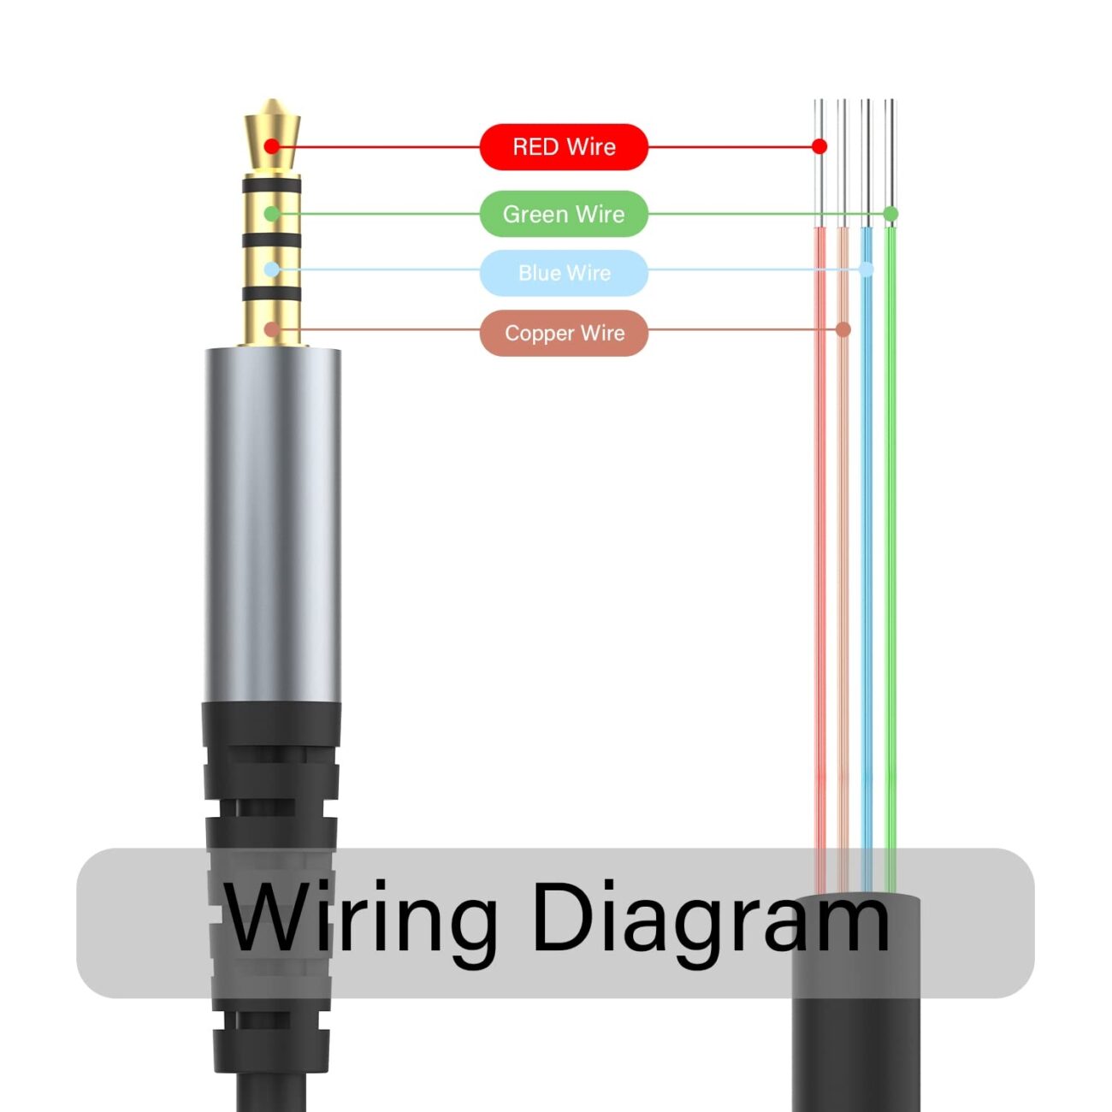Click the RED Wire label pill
564,147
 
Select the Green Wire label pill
564,214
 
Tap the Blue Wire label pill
564,273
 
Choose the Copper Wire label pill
564,333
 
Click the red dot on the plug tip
272,146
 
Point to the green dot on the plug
271,214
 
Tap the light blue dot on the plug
271,269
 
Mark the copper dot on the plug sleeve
271,329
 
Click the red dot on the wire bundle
819,146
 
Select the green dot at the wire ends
890,214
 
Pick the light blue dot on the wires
867,269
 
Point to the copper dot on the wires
843,329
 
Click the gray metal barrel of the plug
272,522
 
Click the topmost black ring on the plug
271,186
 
